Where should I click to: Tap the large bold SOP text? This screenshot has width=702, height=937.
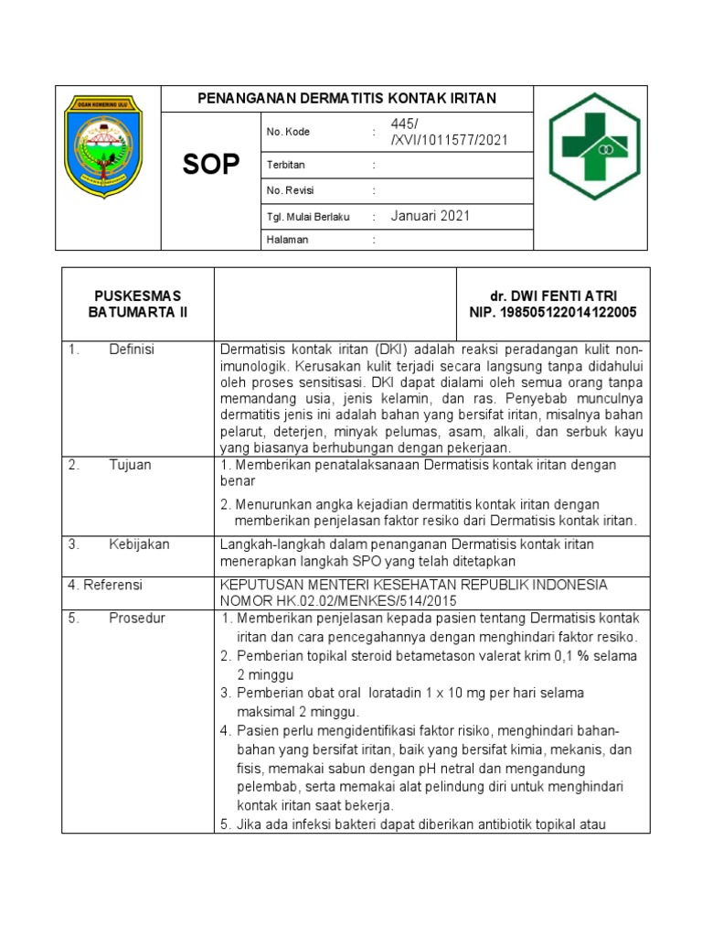point(211,165)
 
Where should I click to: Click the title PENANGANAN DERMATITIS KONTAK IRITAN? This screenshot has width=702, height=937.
point(347,99)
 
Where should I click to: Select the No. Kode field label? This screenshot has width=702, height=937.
point(288,133)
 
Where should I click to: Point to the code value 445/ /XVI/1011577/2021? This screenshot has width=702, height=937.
point(449,133)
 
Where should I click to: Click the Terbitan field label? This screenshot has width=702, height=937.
point(285,166)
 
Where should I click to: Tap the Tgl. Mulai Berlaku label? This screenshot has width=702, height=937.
point(308,217)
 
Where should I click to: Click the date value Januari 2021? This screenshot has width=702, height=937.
point(430,216)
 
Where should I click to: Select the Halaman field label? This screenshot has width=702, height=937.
point(287,240)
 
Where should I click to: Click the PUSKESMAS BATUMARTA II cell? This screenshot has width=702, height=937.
point(137,304)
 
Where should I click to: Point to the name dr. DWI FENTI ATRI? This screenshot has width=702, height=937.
point(553,296)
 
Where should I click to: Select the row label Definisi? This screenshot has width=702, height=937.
point(132,350)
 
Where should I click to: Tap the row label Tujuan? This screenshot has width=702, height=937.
point(130,465)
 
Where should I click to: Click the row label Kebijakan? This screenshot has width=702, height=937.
point(139,544)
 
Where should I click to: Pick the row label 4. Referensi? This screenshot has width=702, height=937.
point(105,585)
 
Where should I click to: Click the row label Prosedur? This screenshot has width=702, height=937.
point(137,619)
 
